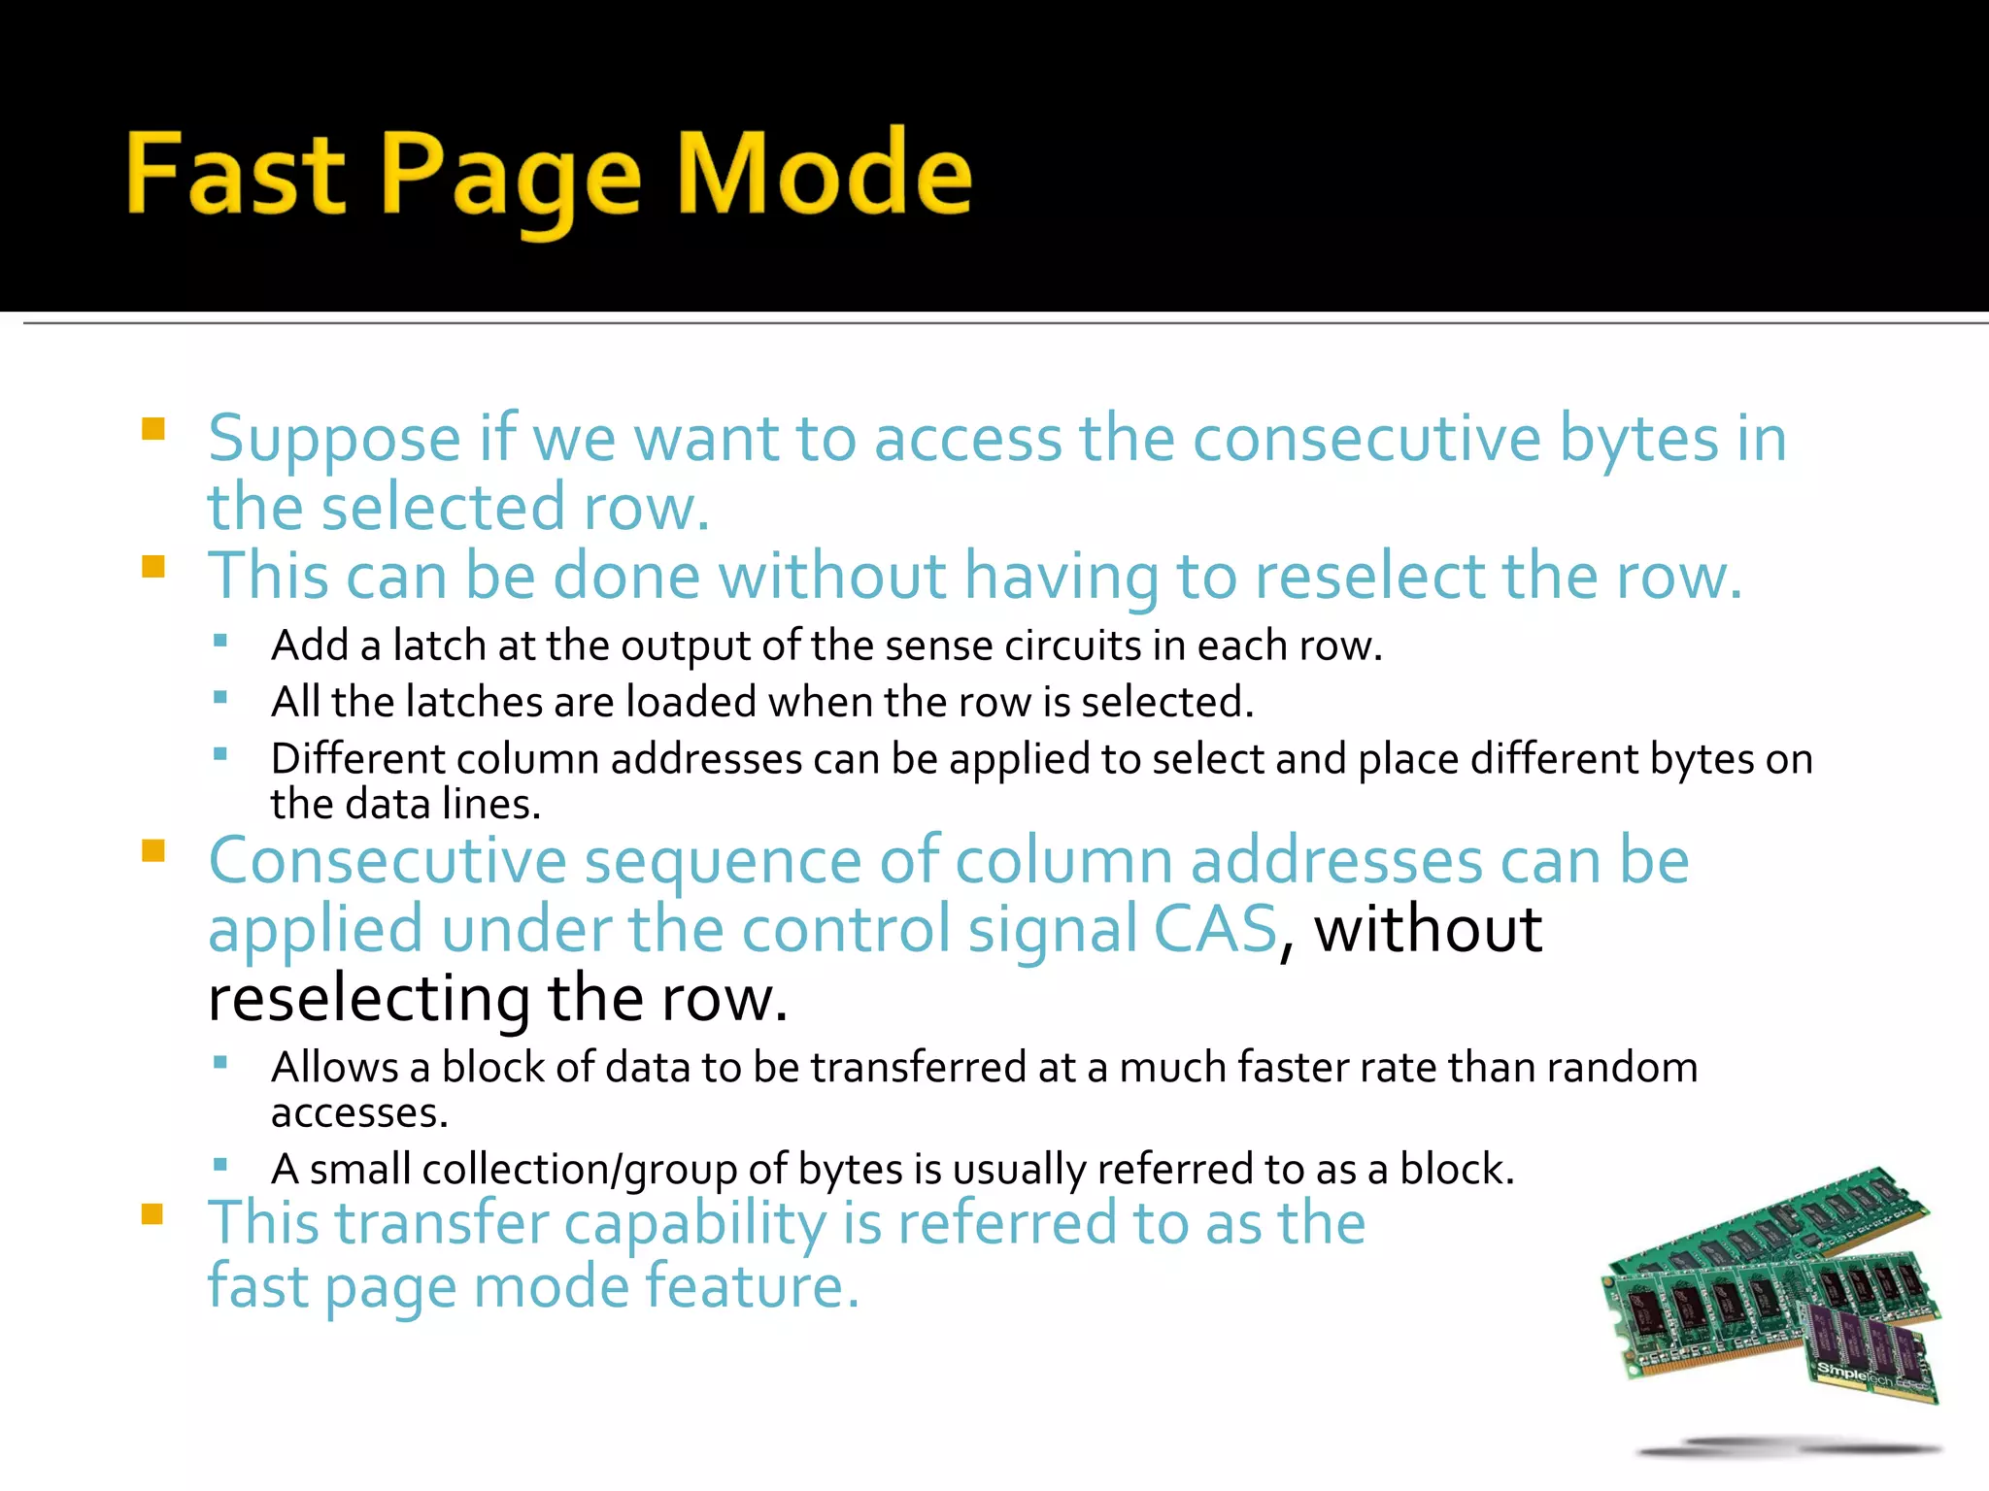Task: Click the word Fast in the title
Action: point(236,175)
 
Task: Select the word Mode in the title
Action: point(825,175)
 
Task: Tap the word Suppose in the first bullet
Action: point(334,440)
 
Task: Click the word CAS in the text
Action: point(1215,929)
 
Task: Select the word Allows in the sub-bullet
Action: point(335,1067)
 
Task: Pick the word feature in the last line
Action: point(753,1286)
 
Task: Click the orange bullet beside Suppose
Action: point(153,429)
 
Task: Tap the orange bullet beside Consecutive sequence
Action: point(153,851)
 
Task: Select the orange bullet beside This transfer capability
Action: point(153,1214)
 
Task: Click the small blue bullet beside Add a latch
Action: point(220,641)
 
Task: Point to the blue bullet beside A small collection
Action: point(220,1164)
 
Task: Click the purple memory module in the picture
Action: point(1871,1349)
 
